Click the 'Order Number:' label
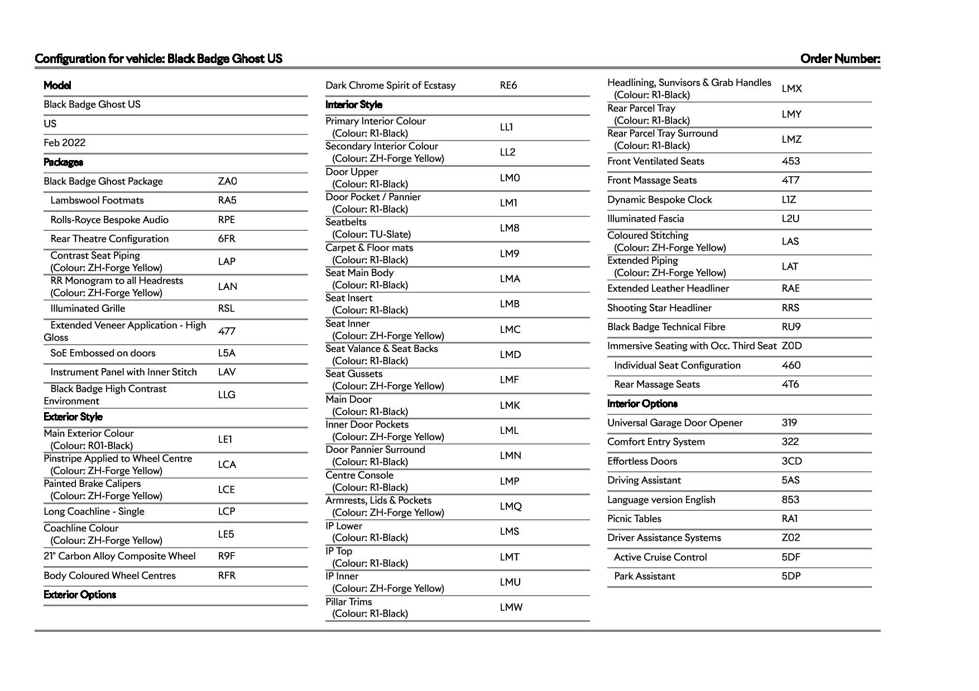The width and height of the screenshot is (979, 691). (839, 59)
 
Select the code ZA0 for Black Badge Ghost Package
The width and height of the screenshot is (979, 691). (227, 181)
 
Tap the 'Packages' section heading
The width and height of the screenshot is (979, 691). (63, 162)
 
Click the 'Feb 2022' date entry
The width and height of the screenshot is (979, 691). (65, 143)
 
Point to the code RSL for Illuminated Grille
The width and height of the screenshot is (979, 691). (226, 308)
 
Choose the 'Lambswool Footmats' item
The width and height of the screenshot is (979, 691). (97, 200)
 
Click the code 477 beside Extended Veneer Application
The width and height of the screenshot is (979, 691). (227, 331)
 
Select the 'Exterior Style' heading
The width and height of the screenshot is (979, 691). (73, 417)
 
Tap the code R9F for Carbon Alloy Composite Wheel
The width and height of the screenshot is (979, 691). (226, 556)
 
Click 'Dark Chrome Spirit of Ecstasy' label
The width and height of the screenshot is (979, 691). (390, 85)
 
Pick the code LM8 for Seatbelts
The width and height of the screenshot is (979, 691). (509, 228)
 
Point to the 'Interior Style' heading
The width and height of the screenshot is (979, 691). (353, 105)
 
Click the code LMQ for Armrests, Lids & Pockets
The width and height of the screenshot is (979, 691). (510, 506)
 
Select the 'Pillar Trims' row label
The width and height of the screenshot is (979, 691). (348, 602)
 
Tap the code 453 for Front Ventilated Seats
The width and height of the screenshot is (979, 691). (790, 161)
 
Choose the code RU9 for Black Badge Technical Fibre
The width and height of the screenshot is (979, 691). (790, 327)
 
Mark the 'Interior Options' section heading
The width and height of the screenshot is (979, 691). (642, 404)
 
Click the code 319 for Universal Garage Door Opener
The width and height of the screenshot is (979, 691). (789, 423)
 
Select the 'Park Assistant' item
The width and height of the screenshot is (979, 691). (644, 576)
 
